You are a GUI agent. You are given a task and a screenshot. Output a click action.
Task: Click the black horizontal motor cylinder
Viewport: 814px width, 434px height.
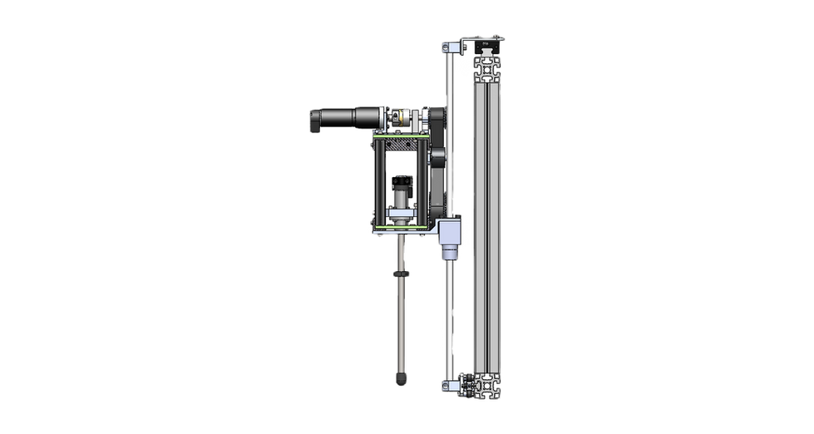tap(337, 118)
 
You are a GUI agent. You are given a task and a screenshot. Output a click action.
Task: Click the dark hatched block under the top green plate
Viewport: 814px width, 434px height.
tap(402, 145)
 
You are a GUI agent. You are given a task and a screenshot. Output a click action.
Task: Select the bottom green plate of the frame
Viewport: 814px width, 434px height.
tap(402, 225)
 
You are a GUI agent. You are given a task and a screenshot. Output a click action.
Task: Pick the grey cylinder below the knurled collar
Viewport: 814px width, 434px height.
tap(402, 202)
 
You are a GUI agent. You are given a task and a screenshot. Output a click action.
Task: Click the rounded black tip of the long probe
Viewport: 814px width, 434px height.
tap(402, 380)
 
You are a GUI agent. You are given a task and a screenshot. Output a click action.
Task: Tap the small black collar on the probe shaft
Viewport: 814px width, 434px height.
tap(401, 274)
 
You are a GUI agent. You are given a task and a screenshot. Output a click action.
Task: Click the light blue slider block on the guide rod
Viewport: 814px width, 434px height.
tap(449, 230)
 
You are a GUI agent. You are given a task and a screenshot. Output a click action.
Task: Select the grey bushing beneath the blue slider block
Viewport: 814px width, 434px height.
tap(449, 252)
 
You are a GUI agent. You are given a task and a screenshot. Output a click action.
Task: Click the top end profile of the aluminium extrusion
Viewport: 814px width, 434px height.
tap(488, 51)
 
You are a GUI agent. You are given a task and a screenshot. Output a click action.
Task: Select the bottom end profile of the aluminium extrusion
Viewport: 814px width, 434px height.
tap(488, 387)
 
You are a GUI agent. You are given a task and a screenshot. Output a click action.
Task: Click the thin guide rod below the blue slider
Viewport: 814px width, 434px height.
tap(454, 316)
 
